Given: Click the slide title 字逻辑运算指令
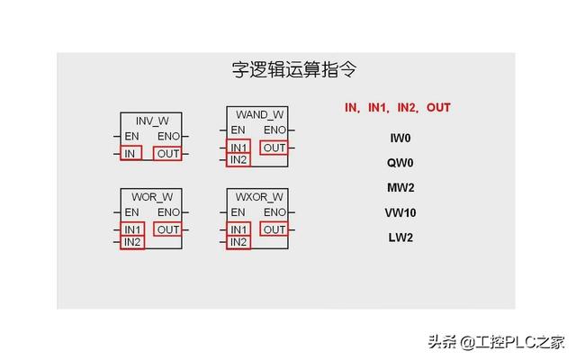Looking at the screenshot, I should tap(285, 69).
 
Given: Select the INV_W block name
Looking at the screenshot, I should tap(151, 121).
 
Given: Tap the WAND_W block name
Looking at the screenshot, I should tap(259, 115).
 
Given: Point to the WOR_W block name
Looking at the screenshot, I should tap(151, 196).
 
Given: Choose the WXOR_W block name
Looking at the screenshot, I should tap(259, 196).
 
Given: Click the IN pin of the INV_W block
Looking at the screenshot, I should tap(131, 154).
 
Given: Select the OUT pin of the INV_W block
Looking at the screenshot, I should tap(167, 154).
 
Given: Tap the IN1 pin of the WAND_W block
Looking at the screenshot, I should tap(238, 148).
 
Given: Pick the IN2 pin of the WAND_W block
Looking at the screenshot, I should tap(238, 160).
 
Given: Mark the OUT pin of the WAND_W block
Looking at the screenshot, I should tap(274, 148).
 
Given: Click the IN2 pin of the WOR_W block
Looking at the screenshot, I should tap(132, 242).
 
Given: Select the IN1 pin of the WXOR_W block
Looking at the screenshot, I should tap(238, 229).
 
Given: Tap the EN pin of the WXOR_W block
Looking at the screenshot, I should tap(238, 212).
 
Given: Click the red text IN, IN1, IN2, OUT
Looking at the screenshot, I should tap(397, 107).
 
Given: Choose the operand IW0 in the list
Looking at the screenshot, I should tap(400, 139).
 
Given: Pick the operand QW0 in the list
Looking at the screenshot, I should tap(400, 164).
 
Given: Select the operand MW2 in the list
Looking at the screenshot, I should tap(400, 188).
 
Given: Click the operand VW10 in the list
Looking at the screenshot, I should tap(400, 213).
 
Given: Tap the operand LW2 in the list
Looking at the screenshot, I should tap(400, 238).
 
